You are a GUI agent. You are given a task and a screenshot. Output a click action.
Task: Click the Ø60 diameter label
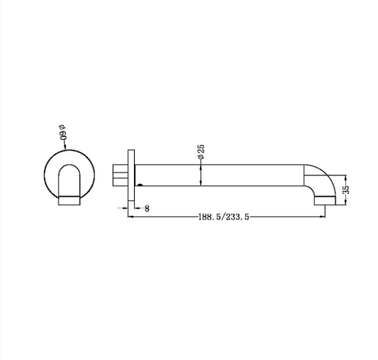[x=62, y=132]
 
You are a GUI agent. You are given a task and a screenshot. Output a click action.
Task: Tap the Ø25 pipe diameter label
[x=201, y=151]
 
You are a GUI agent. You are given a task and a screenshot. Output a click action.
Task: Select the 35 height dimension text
[x=346, y=190]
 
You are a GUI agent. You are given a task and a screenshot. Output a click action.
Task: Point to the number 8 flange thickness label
[x=147, y=209]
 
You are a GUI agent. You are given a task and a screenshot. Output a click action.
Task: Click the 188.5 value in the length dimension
[x=209, y=217]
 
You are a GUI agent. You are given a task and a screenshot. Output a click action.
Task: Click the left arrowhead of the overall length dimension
[x=130, y=217]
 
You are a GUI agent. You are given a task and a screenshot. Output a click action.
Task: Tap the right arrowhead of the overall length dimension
[x=323, y=217]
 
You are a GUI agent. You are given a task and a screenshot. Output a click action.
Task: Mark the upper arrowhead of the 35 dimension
[x=346, y=178]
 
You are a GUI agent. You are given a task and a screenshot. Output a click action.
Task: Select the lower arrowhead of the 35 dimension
[x=346, y=202]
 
